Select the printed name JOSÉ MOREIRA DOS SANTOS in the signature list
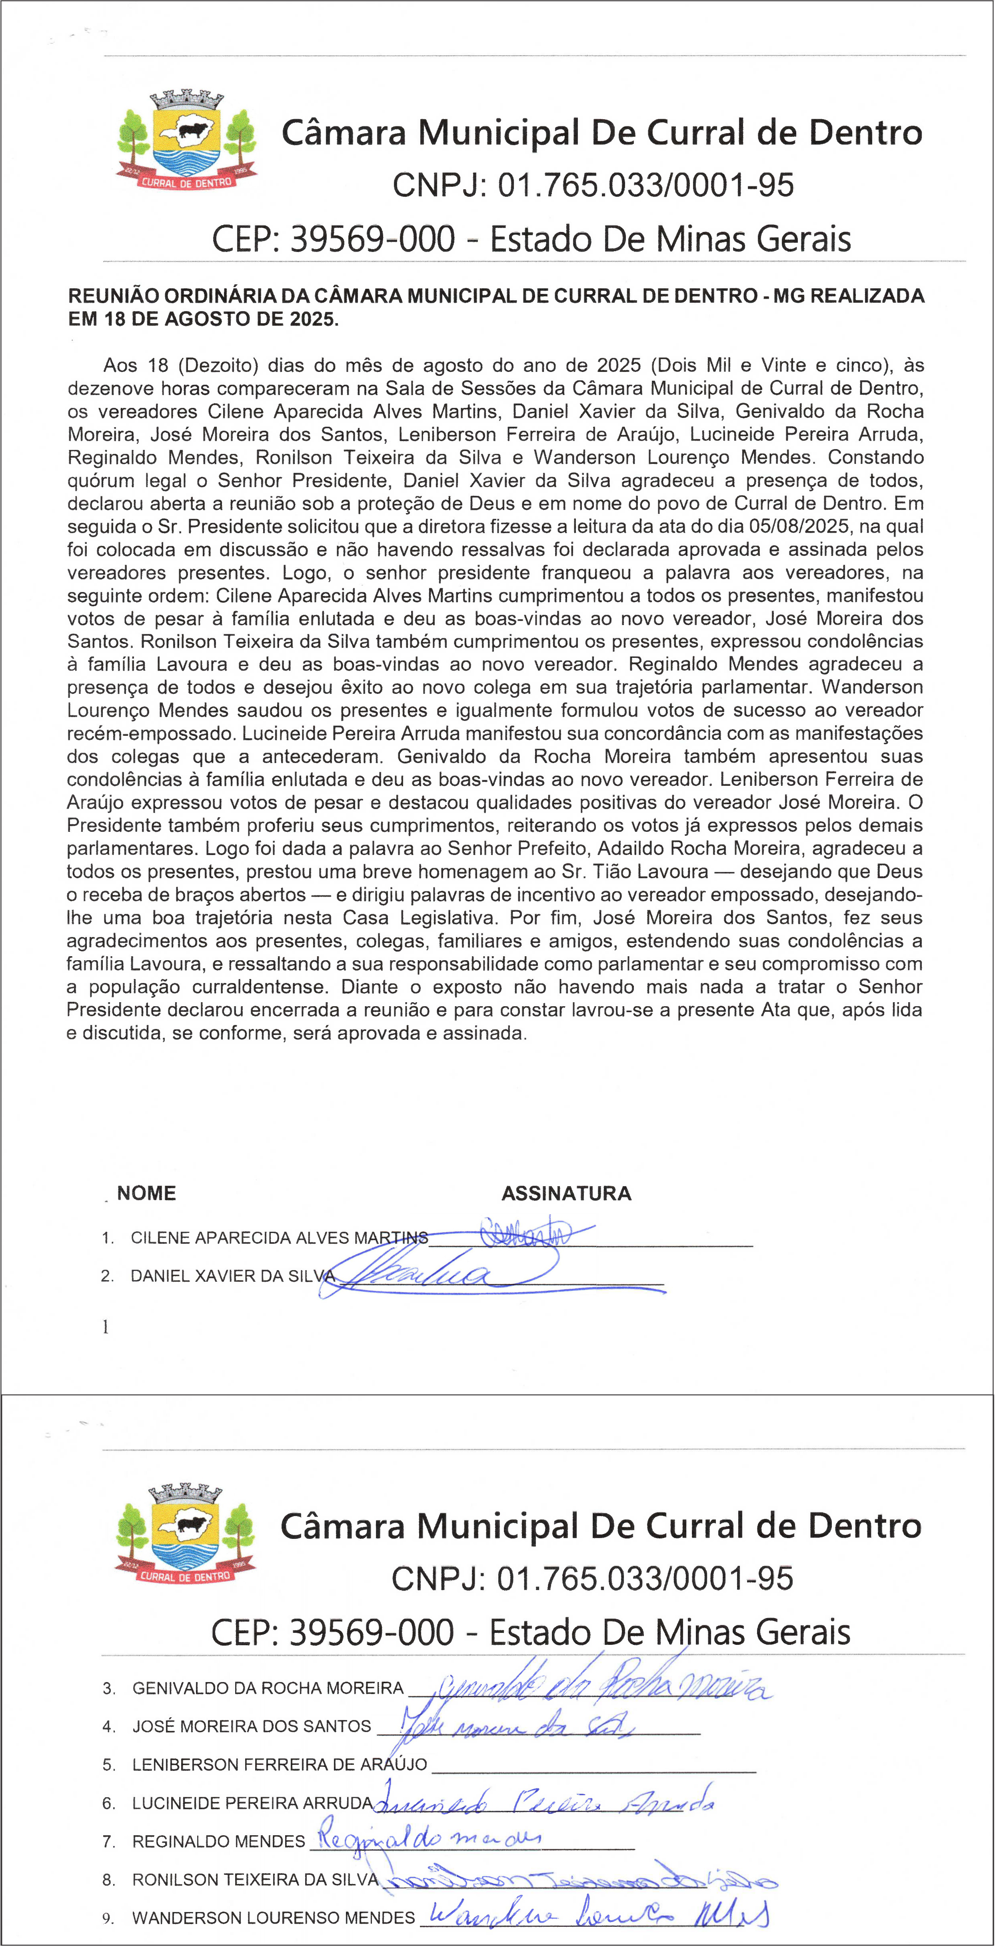click(x=252, y=1726)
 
